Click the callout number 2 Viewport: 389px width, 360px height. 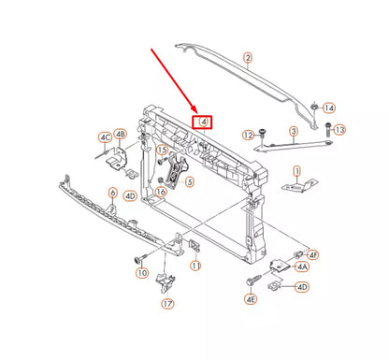point(248,58)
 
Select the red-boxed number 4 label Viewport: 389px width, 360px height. point(202,121)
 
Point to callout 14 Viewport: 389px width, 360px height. point(328,108)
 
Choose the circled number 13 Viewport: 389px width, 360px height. point(339,129)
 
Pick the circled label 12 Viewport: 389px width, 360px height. point(249,137)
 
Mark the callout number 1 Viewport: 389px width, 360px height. point(296,170)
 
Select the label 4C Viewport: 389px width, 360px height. point(105,138)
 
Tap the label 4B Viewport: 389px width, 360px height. point(120,134)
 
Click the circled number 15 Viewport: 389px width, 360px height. point(162,150)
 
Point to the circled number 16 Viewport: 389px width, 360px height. point(161,192)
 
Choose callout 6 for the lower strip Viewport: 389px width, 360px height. point(112,194)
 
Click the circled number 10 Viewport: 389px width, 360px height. point(142,273)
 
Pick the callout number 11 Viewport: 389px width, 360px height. point(195,266)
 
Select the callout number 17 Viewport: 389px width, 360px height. point(167,303)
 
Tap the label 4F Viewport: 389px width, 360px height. point(314,254)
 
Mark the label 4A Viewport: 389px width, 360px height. point(303,266)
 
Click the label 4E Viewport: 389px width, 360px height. point(251,299)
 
